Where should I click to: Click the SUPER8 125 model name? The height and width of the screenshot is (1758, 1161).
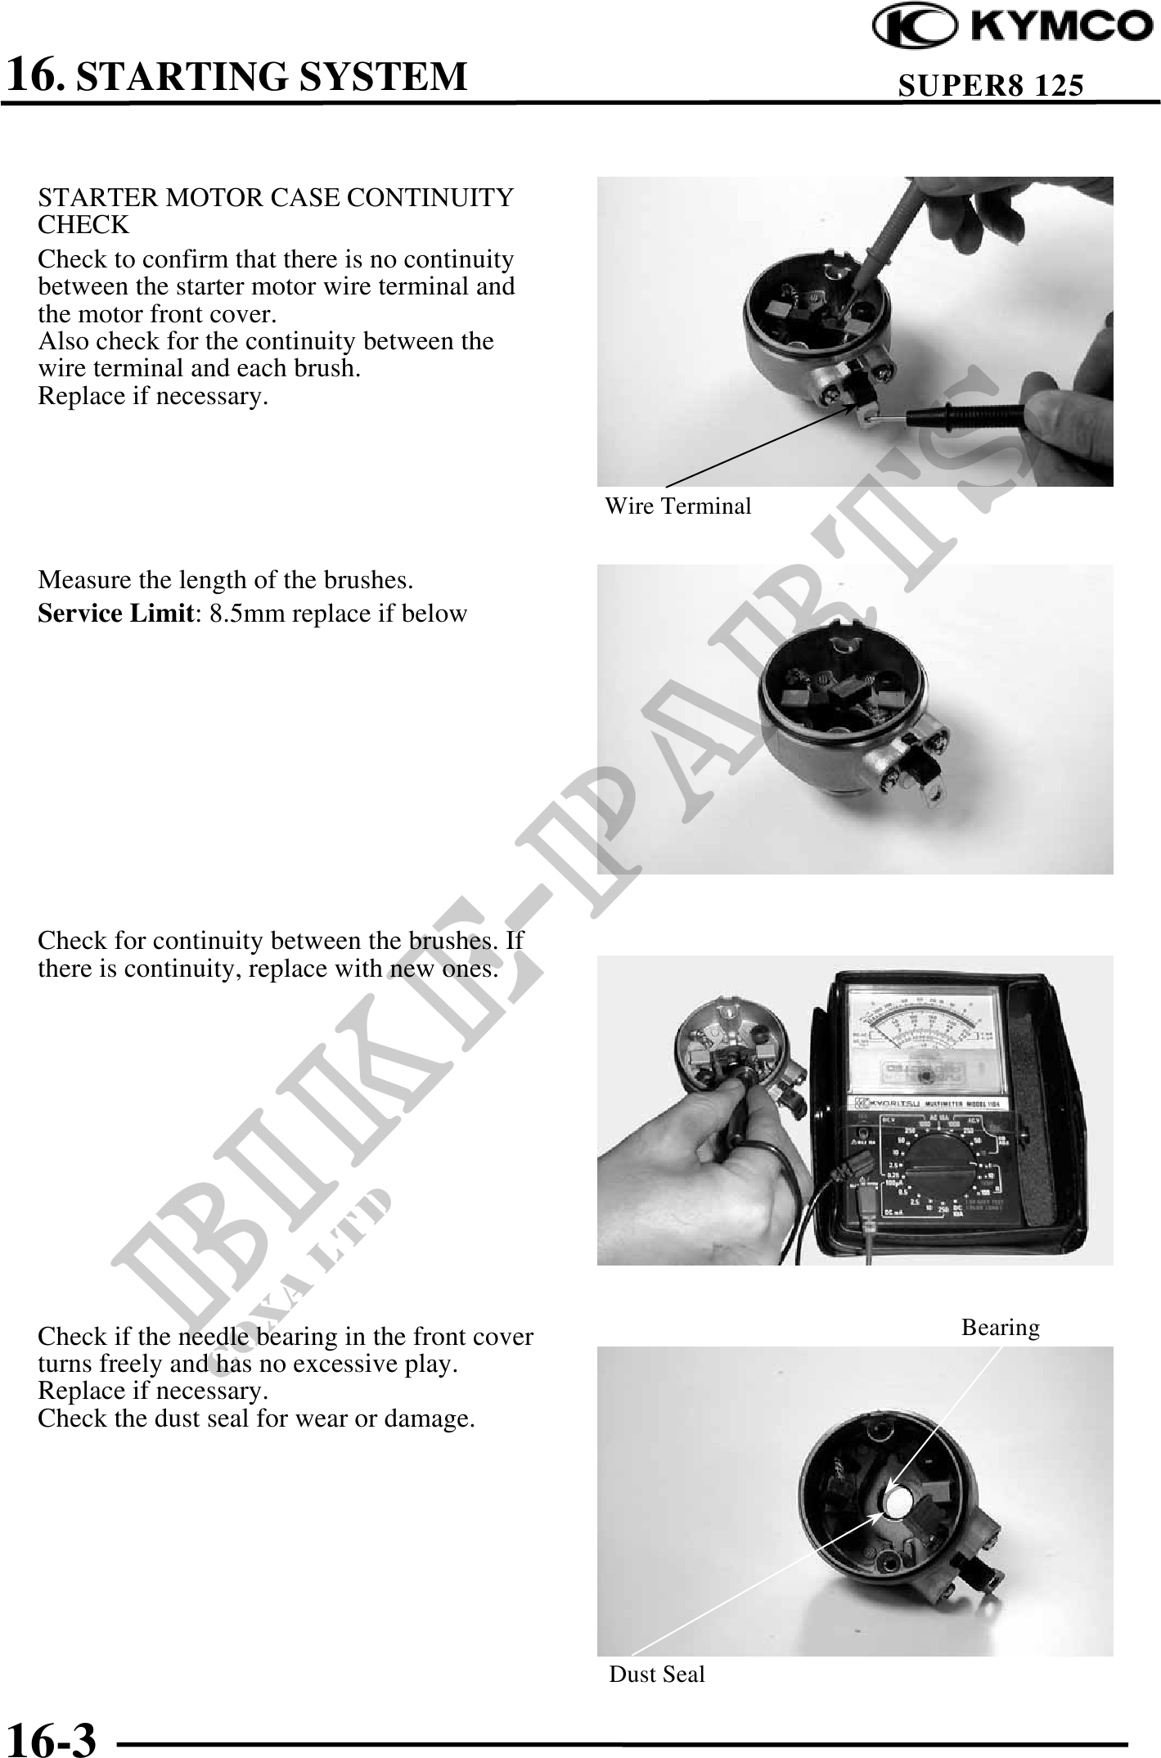pyautogui.click(x=991, y=85)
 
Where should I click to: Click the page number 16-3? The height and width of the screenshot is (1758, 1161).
pyautogui.click(x=51, y=1738)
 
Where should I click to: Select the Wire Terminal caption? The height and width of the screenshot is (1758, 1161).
pyautogui.click(x=677, y=506)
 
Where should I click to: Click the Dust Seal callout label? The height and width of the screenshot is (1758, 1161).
pyautogui.click(x=657, y=1674)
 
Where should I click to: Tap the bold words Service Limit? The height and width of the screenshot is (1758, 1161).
pyautogui.click(x=115, y=614)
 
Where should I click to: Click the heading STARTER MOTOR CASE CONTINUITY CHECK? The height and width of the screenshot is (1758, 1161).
pyautogui.click(x=277, y=211)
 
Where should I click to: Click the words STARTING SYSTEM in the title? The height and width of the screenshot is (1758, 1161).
pyautogui.click(x=277, y=75)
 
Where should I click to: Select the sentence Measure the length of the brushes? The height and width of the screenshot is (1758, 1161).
pyautogui.click(x=226, y=580)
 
